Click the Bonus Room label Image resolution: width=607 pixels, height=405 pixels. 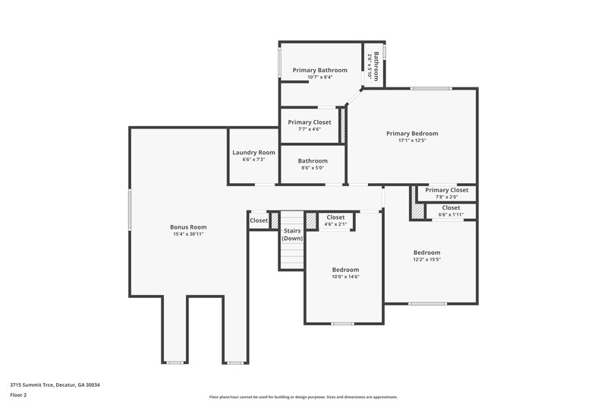coord(188,227)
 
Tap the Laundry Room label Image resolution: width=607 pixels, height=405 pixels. coord(253,153)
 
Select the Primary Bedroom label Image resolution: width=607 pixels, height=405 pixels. coord(412,134)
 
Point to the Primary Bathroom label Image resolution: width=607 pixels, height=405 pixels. coord(319,70)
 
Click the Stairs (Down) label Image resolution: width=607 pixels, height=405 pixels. coord(292,234)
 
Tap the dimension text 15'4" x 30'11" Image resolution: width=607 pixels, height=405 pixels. coord(188,234)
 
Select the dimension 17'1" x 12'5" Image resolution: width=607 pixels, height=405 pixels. coord(412,141)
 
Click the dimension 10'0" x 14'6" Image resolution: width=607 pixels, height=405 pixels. coord(345,277)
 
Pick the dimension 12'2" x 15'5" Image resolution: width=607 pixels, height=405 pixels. coord(426,259)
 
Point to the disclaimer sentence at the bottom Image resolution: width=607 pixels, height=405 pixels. coord(303,397)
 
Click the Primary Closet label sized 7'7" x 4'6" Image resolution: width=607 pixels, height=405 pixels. coord(310,122)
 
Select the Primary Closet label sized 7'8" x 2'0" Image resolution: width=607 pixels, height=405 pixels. coord(447,190)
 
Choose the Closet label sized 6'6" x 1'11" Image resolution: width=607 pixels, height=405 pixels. coord(451,207)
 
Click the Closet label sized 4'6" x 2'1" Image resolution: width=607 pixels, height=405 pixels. coord(335,217)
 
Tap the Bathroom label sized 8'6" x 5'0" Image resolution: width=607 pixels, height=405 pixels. coord(313,161)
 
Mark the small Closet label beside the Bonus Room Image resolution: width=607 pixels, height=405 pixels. coord(259,220)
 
